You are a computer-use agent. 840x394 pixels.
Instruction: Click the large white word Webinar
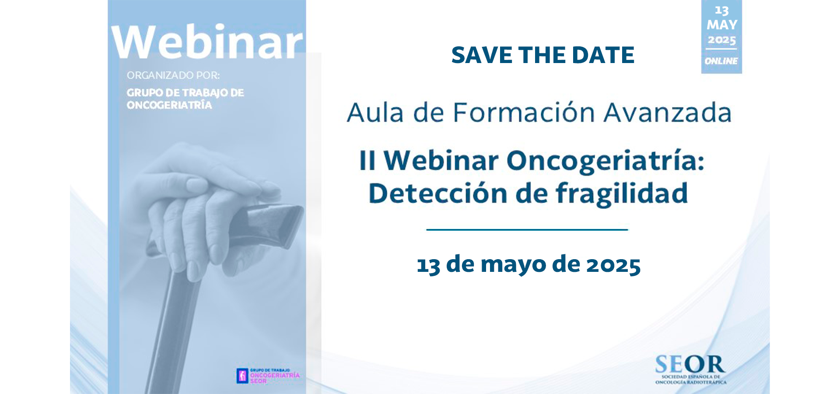(x=207, y=42)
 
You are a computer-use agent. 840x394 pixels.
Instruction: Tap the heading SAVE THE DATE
(x=542, y=55)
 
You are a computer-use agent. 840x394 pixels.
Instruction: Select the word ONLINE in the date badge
(x=721, y=61)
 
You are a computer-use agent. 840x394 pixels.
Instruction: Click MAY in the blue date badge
(x=722, y=25)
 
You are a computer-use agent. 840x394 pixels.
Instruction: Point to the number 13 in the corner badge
(x=722, y=11)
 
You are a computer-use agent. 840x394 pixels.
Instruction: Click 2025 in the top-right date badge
(x=722, y=40)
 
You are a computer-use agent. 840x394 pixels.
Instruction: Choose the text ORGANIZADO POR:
(x=173, y=75)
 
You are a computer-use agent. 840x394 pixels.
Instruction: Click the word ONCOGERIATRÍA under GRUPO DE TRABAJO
(x=169, y=105)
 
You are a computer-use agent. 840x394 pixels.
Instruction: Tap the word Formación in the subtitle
(x=524, y=113)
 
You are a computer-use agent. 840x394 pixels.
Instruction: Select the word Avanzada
(x=668, y=113)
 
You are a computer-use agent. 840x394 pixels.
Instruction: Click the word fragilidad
(x=622, y=193)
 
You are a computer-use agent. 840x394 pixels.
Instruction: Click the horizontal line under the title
(x=527, y=229)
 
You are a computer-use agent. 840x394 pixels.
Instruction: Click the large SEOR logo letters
(x=690, y=364)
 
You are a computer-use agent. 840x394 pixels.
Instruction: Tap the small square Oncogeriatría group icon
(x=242, y=376)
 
